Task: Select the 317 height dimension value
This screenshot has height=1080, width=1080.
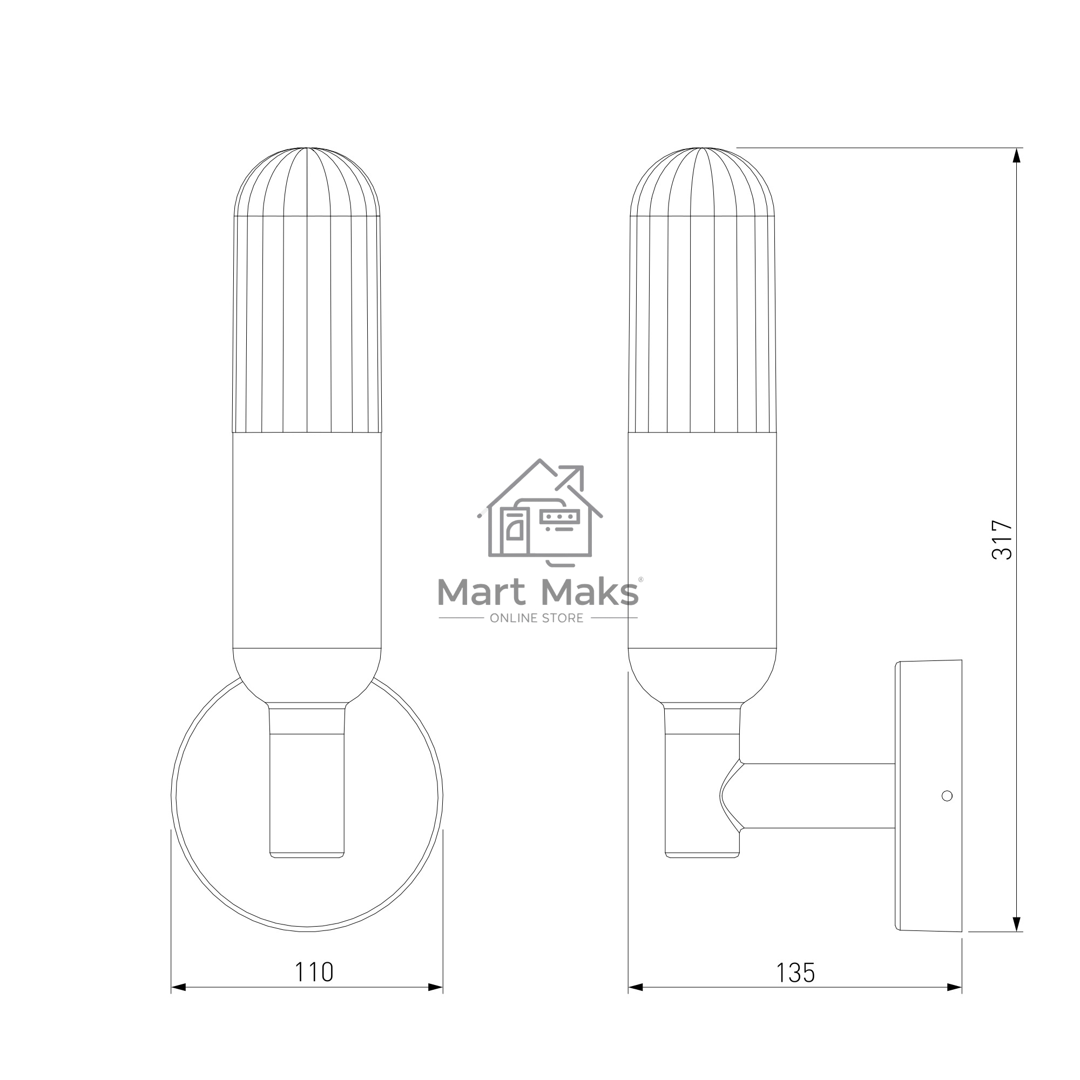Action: tap(1002, 540)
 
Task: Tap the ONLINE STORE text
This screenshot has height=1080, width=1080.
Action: tap(537, 618)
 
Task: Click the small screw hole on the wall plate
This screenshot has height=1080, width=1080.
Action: tap(947, 795)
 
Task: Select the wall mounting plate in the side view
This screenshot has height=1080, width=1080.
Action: tap(928, 795)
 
